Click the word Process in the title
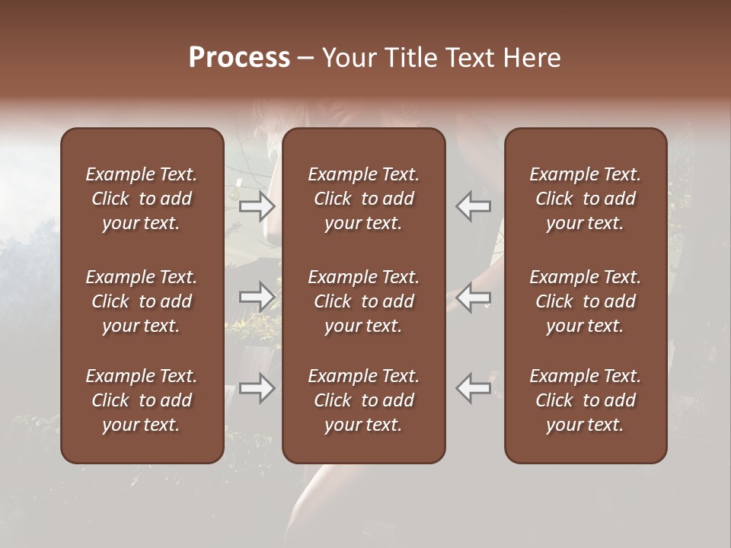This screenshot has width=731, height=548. pyautogui.click(x=239, y=58)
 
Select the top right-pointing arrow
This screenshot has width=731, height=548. pyautogui.click(x=257, y=205)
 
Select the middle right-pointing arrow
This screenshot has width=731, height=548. pyautogui.click(x=257, y=297)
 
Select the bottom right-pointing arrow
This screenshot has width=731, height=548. pyautogui.click(x=257, y=388)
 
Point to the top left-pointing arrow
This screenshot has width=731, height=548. pyautogui.click(x=473, y=205)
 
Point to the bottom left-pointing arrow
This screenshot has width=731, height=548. pyautogui.click(x=473, y=388)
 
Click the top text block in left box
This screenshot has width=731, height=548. pyautogui.click(x=142, y=199)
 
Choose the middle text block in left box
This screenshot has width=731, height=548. pyautogui.click(x=142, y=301)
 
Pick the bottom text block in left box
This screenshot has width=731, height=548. pyautogui.click(x=142, y=400)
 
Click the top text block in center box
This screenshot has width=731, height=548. pyautogui.click(x=364, y=199)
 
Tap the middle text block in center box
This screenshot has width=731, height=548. pyautogui.click(x=364, y=301)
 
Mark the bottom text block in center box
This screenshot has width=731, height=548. pyautogui.click(x=364, y=400)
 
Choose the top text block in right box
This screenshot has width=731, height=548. pyautogui.click(x=586, y=199)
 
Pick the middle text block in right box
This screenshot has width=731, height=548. pyautogui.click(x=586, y=301)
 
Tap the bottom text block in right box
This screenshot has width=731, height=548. pyautogui.click(x=586, y=400)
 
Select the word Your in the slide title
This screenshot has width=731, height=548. pyautogui.click(x=350, y=58)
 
